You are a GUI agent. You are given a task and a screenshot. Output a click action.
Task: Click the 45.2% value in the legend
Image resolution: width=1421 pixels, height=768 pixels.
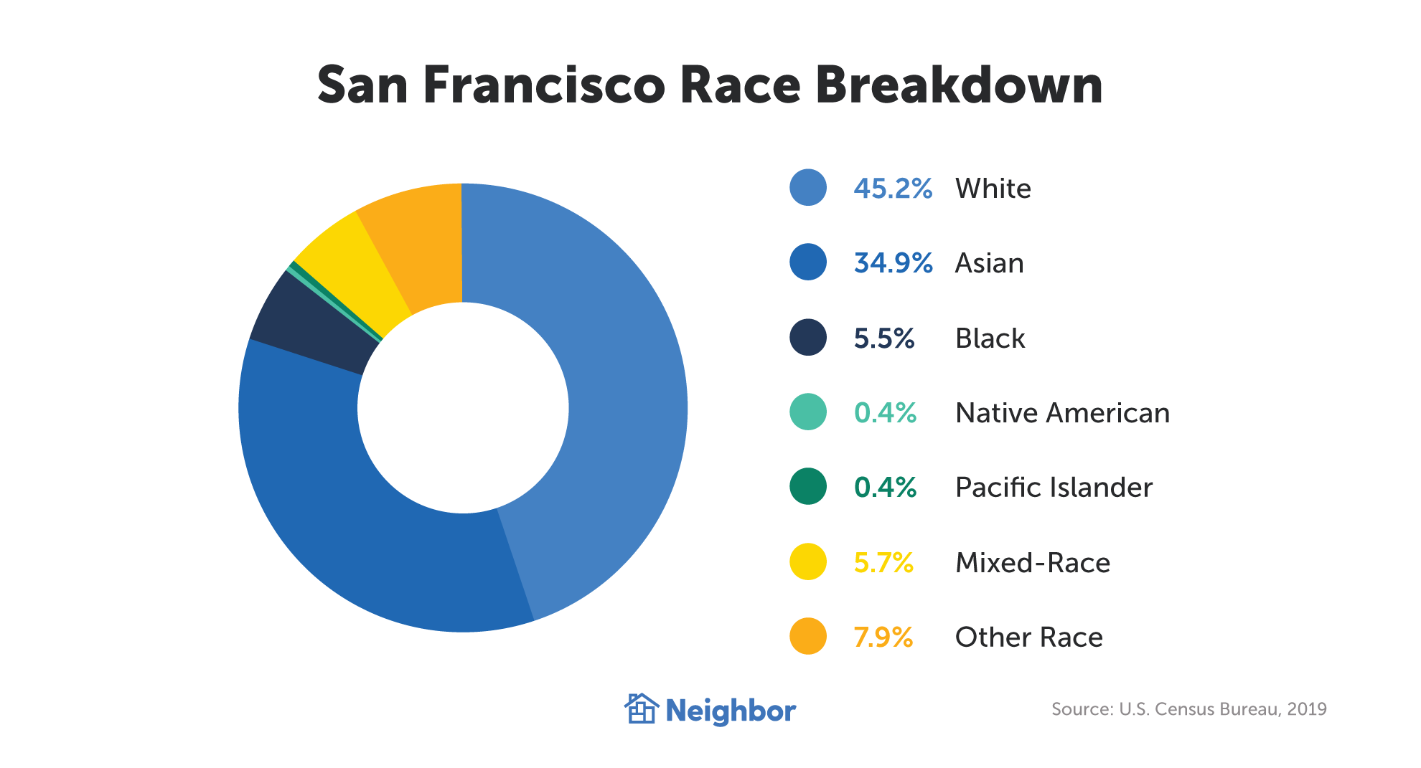[893, 189]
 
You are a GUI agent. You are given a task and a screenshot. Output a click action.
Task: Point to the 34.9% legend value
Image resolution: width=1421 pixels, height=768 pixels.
[893, 263]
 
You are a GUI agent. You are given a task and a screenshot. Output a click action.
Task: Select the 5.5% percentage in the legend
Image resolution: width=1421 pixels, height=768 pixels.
[884, 338]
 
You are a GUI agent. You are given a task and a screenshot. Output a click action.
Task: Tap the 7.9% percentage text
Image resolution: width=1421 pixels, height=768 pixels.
[883, 637]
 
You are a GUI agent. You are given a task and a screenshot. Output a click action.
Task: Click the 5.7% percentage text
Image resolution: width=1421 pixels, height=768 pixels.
[883, 562]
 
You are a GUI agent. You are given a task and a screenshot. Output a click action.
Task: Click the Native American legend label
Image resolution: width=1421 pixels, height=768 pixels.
[1062, 413]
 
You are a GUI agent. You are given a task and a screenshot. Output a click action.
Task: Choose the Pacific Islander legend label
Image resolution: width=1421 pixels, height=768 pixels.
[1054, 488]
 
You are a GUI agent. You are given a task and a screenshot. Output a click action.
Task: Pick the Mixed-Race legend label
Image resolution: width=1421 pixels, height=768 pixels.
[1033, 562]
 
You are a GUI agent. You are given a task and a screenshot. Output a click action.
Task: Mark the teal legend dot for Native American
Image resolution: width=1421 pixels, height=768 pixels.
[808, 412]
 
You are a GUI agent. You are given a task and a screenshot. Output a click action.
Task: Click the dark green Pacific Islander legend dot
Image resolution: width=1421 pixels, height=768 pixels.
[808, 487]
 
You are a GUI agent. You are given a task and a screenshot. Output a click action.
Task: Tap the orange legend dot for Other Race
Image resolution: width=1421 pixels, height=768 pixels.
[808, 636]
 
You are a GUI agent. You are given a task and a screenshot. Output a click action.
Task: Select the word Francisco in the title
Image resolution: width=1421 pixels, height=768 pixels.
[544, 85]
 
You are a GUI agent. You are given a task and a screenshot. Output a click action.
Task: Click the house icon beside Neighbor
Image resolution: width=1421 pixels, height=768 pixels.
[641, 709]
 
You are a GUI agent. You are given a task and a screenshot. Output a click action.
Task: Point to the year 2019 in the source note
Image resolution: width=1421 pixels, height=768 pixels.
[1307, 709]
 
